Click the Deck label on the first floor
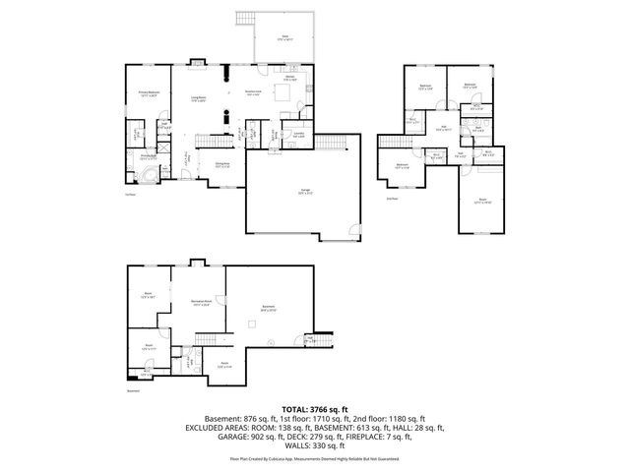284,36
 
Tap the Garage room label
291,192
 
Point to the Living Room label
198,98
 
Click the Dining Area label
222,164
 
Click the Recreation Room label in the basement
201,304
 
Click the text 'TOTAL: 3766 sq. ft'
314,409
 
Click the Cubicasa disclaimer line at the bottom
315,457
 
